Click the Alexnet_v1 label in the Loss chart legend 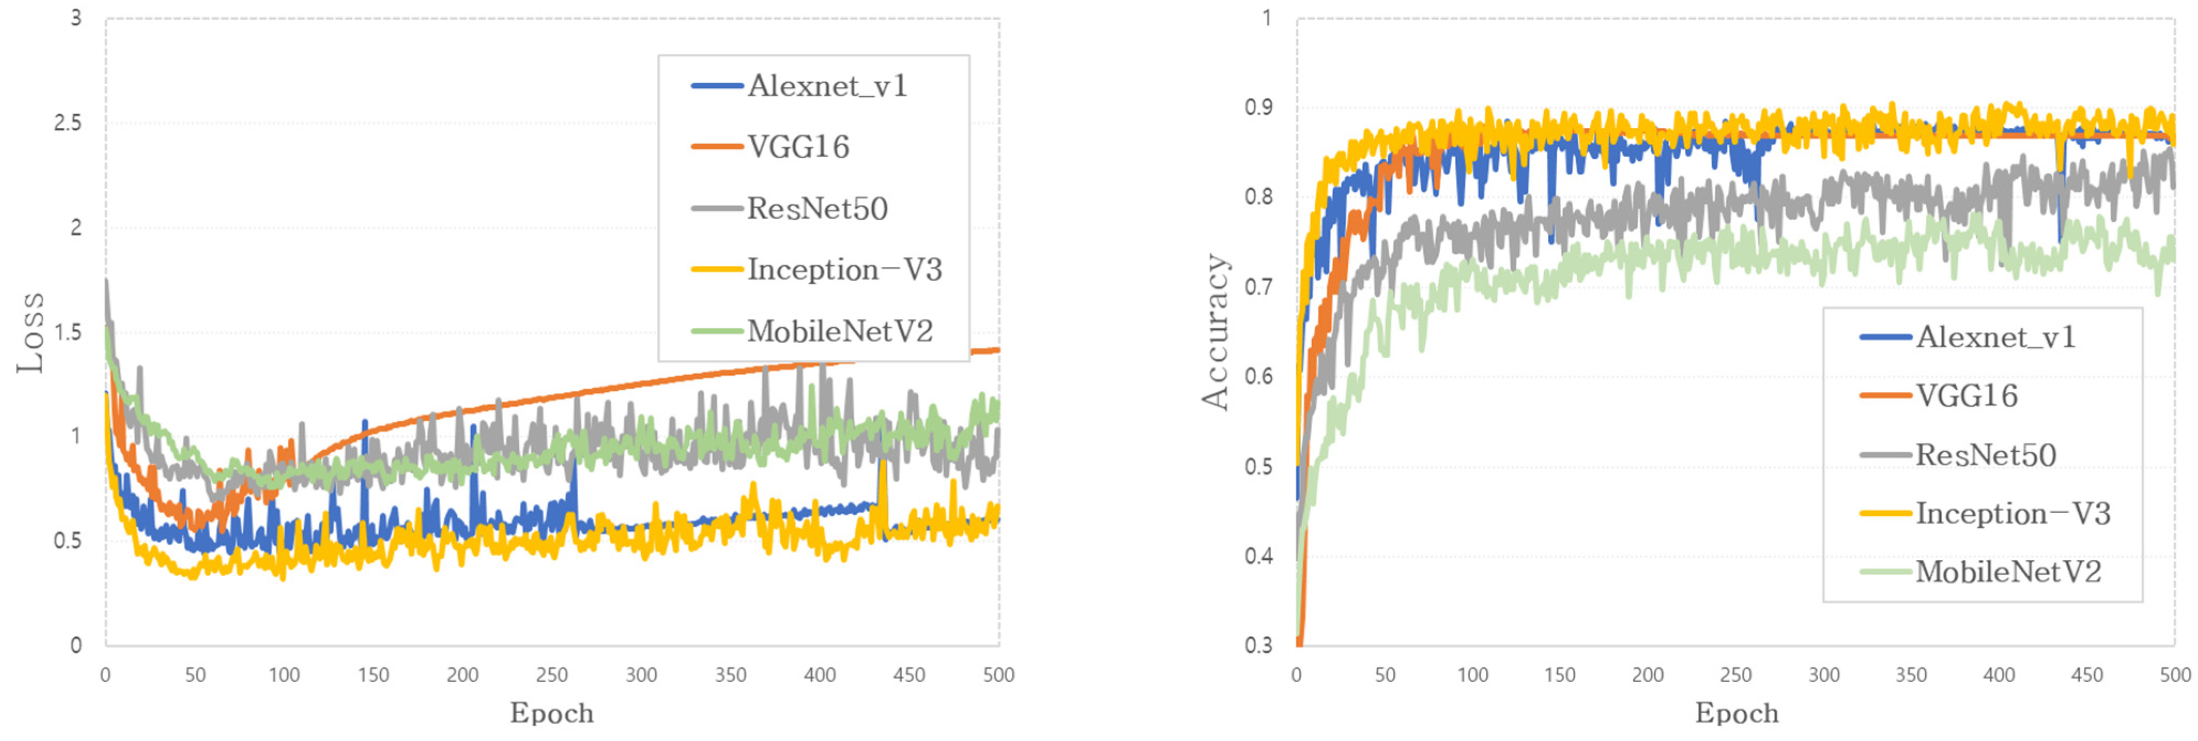tap(827, 86)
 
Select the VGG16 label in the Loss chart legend tap(798, 148)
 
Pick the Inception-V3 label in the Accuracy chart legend tap(2012, 513)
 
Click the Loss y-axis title tap(30, 333)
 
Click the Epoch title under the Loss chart tap(551, 713)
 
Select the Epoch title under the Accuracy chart tap(1736, 713)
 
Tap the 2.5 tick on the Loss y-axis tap(68, 123)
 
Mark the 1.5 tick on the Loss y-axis tap(68, 331)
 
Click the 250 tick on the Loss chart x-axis tap(551, 675)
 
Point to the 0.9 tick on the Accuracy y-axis tap(1258, 107)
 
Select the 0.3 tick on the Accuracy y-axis tap(1258, 645)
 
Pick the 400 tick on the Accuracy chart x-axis tap(1999, 675)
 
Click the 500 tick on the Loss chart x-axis tap(997, 675)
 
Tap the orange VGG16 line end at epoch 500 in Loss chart tap(997, 350)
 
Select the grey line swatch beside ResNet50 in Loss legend tap(716, 209)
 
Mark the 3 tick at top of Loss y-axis tap(76, 18)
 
